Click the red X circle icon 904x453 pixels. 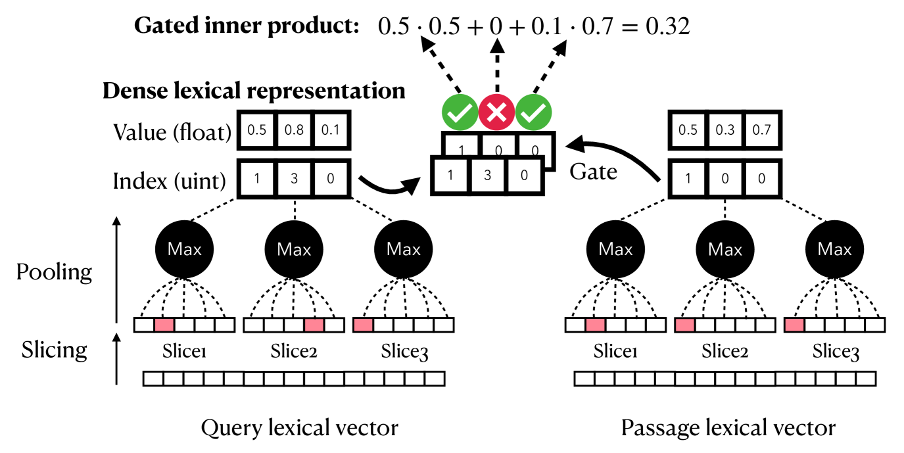pos(497,113)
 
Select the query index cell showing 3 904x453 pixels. pos(294,178)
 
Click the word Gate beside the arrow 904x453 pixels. pos(593,172)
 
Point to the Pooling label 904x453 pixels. pos(55,272)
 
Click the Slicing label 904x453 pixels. pos(55,349)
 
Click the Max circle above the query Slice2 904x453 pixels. pos(294,249)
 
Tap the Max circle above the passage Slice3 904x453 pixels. pos(834,249)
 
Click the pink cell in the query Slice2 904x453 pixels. pos(314,325)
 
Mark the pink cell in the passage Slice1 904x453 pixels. pos(595,325)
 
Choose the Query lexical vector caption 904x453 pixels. pos(299,429)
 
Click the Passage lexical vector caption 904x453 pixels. pos(728,429)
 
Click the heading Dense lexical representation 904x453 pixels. pos(254,91)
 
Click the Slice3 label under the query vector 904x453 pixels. pos(404,352)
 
